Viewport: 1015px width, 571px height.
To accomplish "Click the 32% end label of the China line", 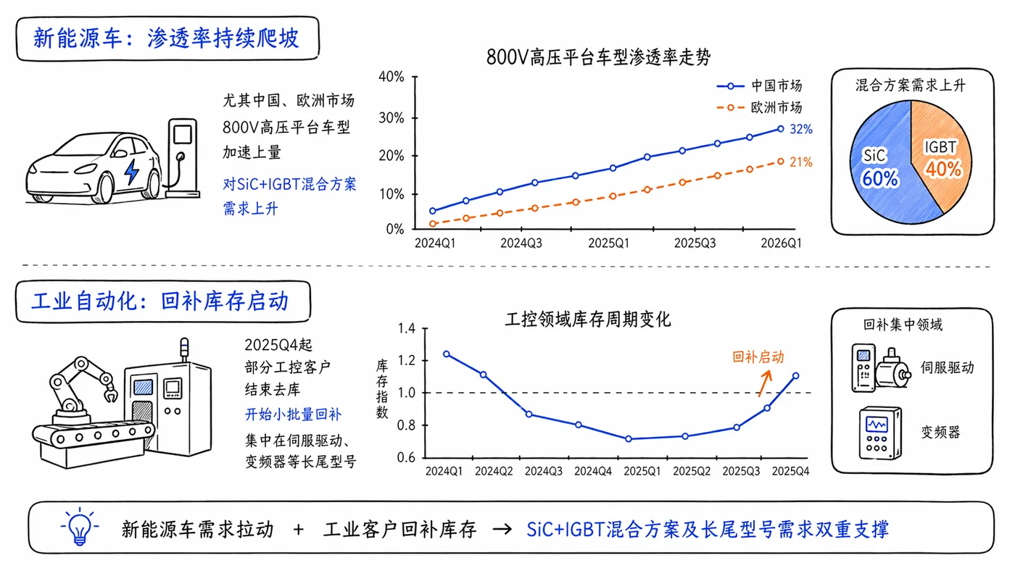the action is point(800,130).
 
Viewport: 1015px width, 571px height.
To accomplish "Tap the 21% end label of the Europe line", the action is point(800,162).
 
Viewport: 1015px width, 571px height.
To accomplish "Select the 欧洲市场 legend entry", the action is point(760,108).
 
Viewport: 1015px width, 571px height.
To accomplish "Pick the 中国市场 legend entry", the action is point(760,86).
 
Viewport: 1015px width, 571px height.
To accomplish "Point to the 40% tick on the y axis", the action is point(391,77).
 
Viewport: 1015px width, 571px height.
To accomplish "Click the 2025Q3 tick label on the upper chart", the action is point(695,243).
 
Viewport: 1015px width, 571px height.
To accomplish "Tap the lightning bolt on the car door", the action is point(132,172).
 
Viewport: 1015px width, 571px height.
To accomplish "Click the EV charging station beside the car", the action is point(183,158).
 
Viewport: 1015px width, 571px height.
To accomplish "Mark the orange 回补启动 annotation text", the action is point(758,357).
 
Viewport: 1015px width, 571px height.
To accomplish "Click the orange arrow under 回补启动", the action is point(764,384).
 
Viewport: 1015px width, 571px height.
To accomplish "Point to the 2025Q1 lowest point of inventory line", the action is point(628,439).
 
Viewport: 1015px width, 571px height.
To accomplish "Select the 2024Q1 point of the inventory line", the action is point(447,354).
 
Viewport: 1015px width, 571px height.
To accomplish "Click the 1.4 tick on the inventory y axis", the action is point(407,328).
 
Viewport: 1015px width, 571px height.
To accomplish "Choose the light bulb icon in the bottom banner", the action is point(80,526).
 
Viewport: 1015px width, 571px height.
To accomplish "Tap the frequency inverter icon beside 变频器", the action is point(880,433).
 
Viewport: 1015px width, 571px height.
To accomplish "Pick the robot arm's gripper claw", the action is point(109,393).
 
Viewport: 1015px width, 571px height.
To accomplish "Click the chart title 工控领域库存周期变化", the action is point(588,320).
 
